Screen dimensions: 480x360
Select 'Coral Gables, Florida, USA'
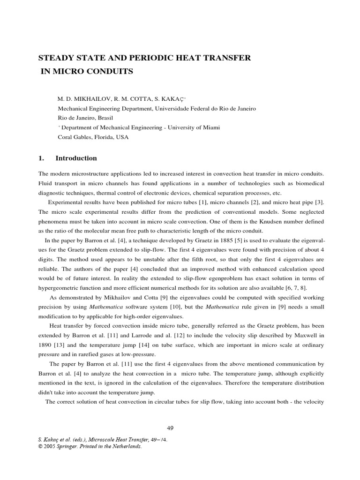point(92,137)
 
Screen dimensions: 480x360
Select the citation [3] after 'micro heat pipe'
point(320,202)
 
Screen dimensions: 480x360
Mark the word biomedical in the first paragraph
point(309,183)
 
